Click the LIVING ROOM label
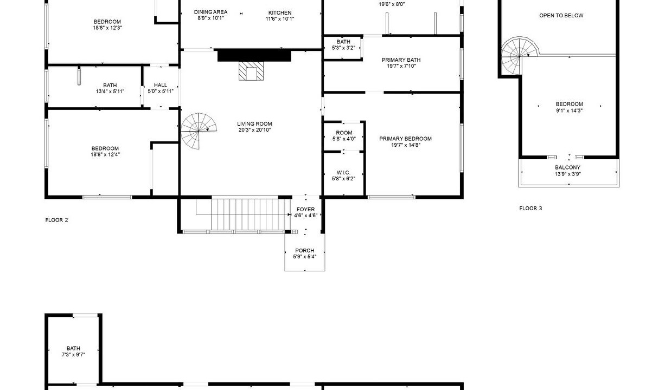point(254,124)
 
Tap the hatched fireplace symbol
point(251,71)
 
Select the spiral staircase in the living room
point(199,131)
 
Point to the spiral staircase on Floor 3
point(520,55)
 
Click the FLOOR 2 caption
point(56,220)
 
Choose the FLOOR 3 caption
point(530,209)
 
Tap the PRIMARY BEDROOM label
point(405,139)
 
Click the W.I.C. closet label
point(343,173)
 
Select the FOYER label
point(305,210)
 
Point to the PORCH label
point(305,250)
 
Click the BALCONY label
point(567,167)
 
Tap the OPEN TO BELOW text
point(561,15)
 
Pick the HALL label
point(161,85)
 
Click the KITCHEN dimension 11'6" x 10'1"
point(280,19)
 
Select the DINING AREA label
point(211,12)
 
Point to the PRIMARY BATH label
point(401,60)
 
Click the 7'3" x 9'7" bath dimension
point(73,355)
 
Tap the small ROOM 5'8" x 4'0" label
point(344,133)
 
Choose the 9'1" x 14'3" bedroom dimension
point(569,110)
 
